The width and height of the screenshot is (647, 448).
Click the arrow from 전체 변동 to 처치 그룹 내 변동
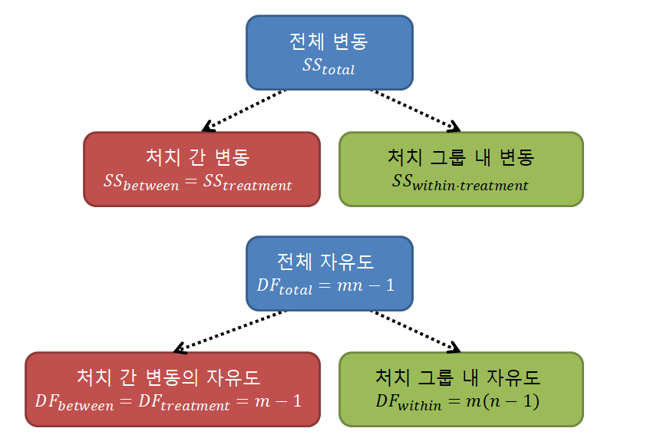pos(415,109)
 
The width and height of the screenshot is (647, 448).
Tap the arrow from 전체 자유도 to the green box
pos(415,331)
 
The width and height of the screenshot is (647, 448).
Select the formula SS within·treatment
pos(460,183)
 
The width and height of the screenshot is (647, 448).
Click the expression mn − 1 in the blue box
pos(366,285)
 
